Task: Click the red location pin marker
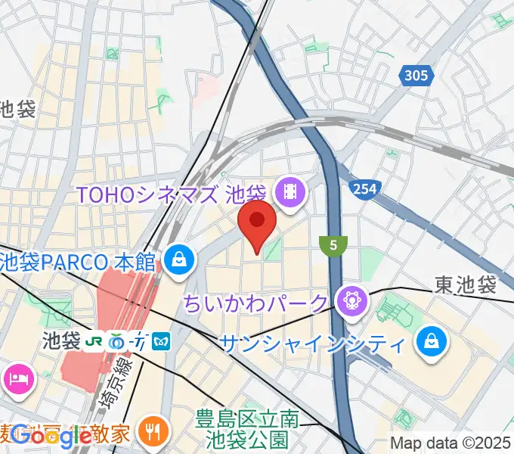tap(257, 222)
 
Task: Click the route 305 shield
tap(416, 76)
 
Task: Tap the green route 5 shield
tap(333, 245)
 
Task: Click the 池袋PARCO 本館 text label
tap(78, 263)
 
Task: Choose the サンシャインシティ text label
tap(311, 344)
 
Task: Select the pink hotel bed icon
tap(16, 378)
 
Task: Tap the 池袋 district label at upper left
tap(17, 110)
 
